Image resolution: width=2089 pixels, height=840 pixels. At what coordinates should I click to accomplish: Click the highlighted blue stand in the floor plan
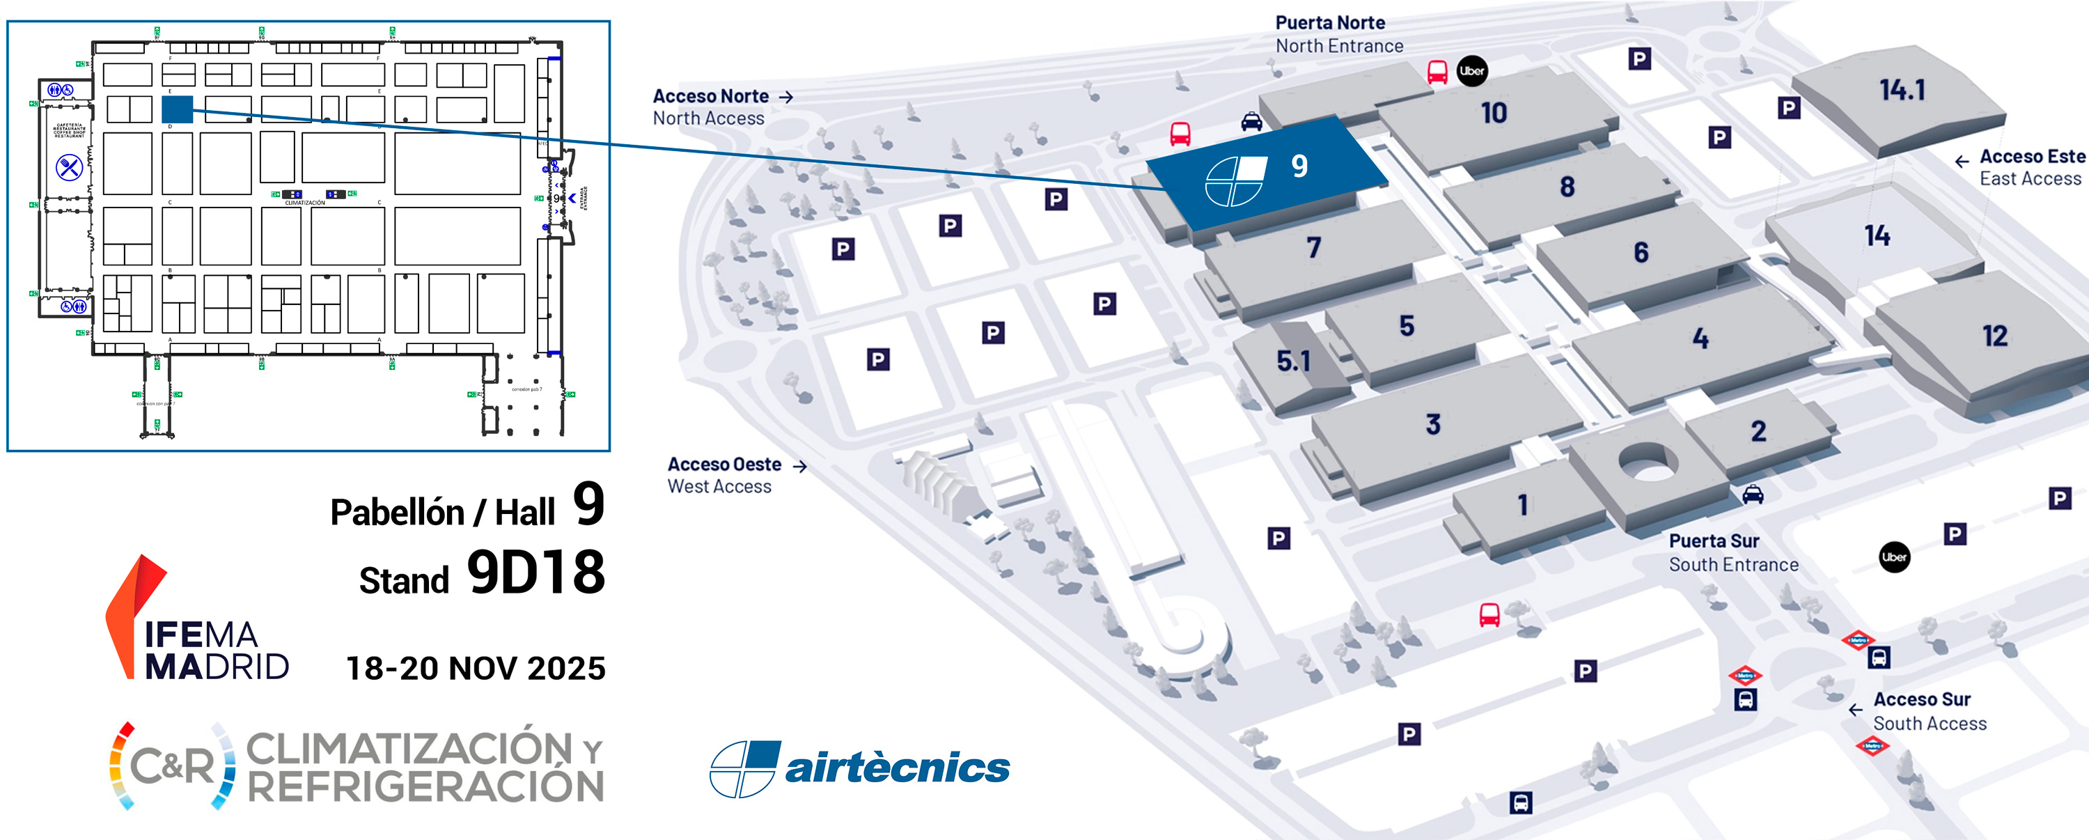coord(177,109)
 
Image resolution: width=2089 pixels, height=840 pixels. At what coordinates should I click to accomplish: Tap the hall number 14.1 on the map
coord(1902,89)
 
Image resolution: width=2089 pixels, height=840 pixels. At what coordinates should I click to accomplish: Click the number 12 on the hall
coord(1994,336)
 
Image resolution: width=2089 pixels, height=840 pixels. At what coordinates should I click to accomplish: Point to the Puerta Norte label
coord(1330,23)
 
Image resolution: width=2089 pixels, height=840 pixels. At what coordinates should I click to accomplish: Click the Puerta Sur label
coord(1714,540)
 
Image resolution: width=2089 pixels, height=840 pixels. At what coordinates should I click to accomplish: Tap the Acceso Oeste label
coord(724,465)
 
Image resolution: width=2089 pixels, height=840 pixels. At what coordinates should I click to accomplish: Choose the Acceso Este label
coord(2031,157)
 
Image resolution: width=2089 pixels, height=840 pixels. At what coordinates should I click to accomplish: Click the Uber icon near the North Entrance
coord(1472,70)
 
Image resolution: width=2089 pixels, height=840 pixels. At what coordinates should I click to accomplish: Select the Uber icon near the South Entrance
coord(1893,557)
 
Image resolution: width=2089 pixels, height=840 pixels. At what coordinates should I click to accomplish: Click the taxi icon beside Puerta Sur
coord(1753,494)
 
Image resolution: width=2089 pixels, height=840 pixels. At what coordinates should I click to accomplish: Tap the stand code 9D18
coord(536,573)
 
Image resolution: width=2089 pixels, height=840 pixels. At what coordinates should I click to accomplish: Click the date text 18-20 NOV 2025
coord(476,669)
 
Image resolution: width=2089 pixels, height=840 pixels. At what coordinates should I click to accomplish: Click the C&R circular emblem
coord(173,765)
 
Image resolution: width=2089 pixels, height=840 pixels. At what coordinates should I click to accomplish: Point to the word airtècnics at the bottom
coord(897,767)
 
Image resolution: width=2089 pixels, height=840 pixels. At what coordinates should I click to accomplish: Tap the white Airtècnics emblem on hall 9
coord(1235,181)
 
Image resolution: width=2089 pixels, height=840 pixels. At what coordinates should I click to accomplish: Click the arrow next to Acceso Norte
coord(785,97)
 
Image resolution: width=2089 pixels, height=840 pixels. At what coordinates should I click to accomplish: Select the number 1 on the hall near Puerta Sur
coord(1522,505)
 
